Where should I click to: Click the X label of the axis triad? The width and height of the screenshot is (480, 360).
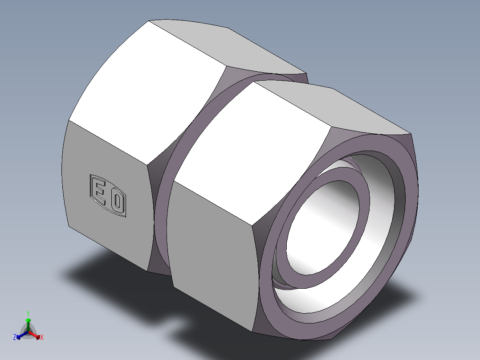(x=42, y=338)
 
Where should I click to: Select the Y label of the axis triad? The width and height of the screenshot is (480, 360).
(x=28, y=313)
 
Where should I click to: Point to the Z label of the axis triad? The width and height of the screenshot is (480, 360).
(x=15, y=338)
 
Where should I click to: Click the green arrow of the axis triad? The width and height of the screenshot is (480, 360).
(x=28, y=321)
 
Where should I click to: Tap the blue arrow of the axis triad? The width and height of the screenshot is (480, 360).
(x=20, y=335)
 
